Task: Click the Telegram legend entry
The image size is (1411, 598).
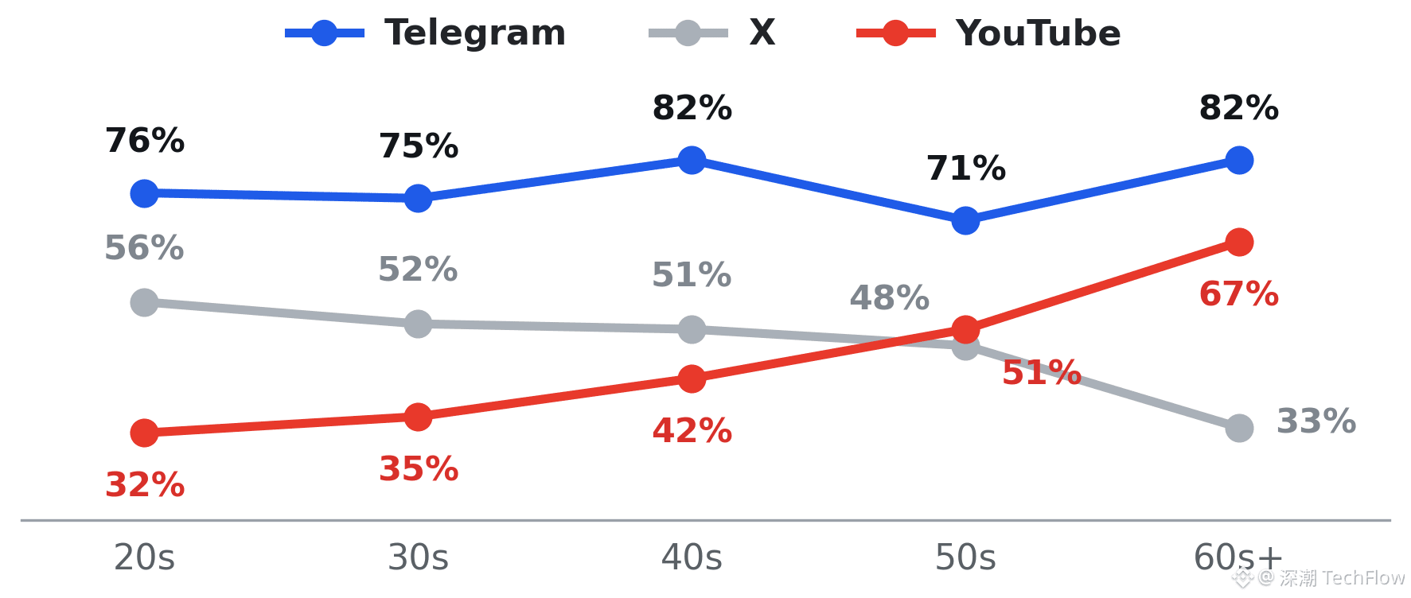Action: [426, 33]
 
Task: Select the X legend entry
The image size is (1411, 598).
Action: [712, 33]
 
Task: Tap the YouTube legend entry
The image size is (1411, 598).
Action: [988, 33]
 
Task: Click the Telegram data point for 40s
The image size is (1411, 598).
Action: [692, 160]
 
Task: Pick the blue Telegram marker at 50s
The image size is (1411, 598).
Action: [965, 220]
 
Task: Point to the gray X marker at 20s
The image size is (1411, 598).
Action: [144, 302]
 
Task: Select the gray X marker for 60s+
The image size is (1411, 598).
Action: [1239, 428]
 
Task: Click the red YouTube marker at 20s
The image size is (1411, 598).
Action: [144, 433]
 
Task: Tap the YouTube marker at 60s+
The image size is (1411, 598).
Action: [1239, 242]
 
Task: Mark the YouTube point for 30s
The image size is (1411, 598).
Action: [418, 417]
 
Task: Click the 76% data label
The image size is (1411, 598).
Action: [145, 141]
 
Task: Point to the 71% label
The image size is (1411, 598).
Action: [966, 169]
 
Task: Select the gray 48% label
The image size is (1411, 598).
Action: [890, 298]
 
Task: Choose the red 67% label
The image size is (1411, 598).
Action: [1239, 294]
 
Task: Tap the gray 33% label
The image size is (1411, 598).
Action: [1316, 421]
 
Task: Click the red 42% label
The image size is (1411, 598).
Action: [692, 431]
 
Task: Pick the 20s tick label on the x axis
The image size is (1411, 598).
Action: [144, 557]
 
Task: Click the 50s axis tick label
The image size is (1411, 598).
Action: [965, 557]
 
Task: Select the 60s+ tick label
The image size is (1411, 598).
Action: [1238, 557]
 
